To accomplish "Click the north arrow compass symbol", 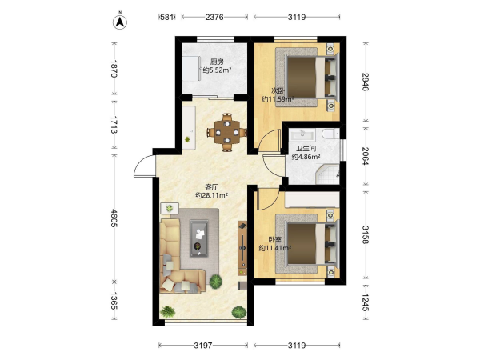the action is (120, 22).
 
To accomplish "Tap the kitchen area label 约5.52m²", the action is (217, 70).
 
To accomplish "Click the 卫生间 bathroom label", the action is (306, 149).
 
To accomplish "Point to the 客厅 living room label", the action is (211, 187).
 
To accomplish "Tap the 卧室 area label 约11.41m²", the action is (274, 248).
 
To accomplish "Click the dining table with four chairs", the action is (227, 132).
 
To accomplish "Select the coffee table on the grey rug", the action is (198, 238).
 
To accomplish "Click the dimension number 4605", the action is (114, 218).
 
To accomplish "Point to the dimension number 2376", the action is (214, 17).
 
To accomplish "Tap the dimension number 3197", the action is (203, 346).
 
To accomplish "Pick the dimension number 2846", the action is (366, 82).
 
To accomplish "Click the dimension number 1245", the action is (366, 302).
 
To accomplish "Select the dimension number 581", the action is (167, 17).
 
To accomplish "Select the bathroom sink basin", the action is (302, 134).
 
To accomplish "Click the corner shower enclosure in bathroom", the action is (327, 174).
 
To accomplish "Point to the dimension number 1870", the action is (114, 69).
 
